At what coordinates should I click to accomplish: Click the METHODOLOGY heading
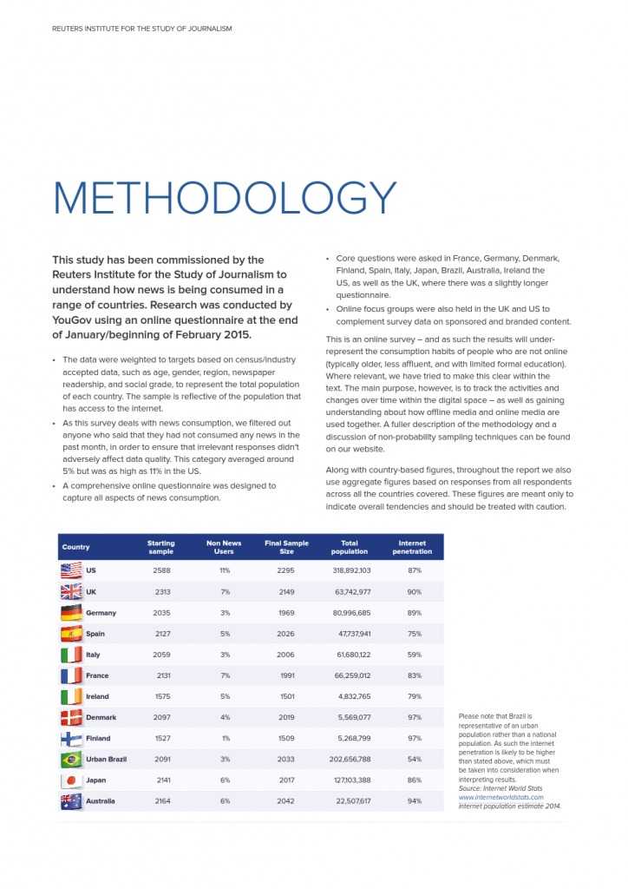(224, 198)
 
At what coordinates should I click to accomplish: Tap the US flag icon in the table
(71, 570)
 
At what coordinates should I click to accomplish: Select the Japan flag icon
(71, 780)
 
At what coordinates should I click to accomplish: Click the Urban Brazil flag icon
(71, 760)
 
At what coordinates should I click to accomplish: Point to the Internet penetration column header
(412, 547)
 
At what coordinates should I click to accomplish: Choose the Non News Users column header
(224, 547)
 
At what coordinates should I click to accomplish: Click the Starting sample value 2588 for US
(161, 570)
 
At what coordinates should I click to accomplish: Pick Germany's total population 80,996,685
(350, 613)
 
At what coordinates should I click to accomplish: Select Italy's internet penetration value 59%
(414, 655)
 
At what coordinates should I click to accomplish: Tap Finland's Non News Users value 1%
(225, 739)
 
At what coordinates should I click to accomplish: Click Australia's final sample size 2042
(286, 801)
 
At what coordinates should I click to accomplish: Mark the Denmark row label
(101, 718)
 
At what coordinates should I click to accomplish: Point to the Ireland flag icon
(71, 697)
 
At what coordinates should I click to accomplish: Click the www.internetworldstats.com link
(500, 797)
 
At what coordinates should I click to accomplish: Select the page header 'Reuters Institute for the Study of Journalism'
(141, 29)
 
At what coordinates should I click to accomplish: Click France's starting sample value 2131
(161, 675)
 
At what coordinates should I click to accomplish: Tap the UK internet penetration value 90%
(414, 592)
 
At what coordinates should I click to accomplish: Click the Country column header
(75, 547)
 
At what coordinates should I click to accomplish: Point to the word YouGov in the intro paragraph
(72, 320)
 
